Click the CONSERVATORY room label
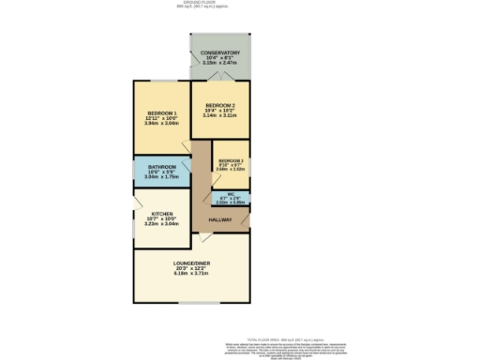point(220,52)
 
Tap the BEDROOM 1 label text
point(161,113)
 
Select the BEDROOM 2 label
point(220,105)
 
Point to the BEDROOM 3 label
point(231,161)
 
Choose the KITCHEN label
point(161,214)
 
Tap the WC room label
point(231,196)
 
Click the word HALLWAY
point(220,219)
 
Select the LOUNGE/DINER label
point(191,263)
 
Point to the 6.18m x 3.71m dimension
point(191,275)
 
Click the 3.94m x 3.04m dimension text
point(161,125)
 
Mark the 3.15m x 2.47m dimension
point(220,64)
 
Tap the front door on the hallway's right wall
point(247,218)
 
